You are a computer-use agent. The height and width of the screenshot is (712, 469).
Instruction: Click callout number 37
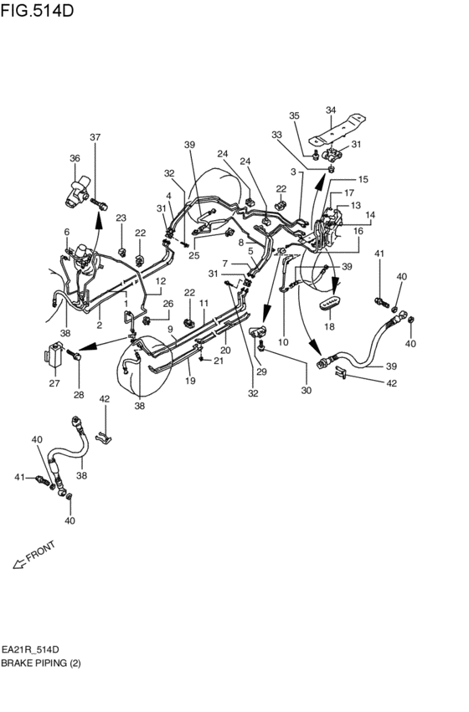(95, 137)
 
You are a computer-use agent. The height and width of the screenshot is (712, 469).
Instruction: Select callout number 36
(74, 159)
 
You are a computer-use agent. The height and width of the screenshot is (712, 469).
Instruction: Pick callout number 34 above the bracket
(330, 110)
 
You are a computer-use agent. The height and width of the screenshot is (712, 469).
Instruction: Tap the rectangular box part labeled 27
(54, 356)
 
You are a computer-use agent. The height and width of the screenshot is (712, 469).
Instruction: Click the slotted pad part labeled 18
(333, 301)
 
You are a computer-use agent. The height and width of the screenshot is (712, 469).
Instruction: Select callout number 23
(121, 218)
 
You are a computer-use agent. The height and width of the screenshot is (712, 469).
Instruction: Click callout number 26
(167, 304)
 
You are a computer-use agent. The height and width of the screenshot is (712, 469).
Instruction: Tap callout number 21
(219, 361)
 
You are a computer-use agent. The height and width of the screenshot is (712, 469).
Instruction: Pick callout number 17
(349, 193)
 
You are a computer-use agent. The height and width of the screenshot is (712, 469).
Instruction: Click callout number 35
(294, 115)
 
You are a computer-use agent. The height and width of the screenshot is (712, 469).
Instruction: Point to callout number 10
(282, 341)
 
